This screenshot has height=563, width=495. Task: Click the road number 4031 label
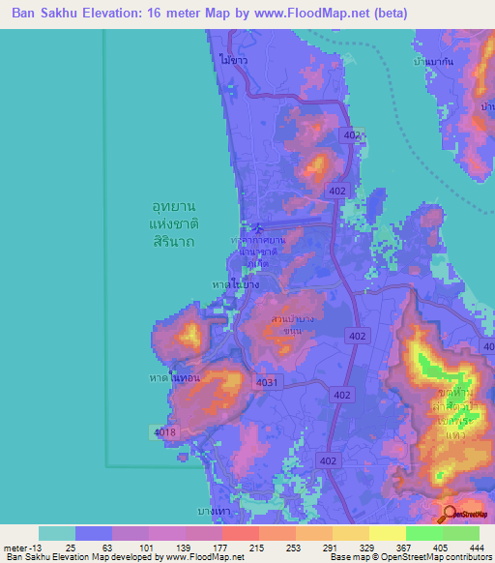[x=268, y=383]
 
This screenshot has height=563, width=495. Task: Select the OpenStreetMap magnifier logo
[x=451, y=515]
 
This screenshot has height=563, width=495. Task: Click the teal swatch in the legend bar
[x=56, y=533]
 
